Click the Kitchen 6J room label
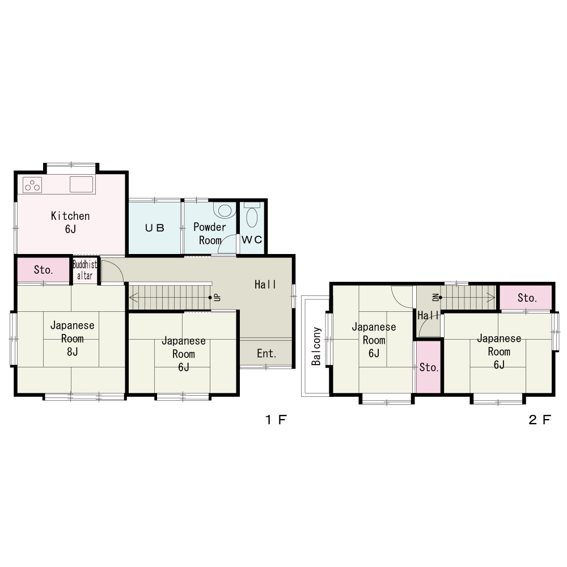(70, 222)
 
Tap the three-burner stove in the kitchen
(32, 185)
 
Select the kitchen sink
(81, 184)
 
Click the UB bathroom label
(154, 228)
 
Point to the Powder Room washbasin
(225, 210)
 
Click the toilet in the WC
(252, 215)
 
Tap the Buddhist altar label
(84, 270)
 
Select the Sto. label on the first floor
(44, 270)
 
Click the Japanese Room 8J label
(73, 338)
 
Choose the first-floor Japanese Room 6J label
(184, 354)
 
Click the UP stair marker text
(217, 297)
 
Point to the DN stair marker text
(435, 297)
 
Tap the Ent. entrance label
(266, 353)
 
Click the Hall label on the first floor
(265, 285)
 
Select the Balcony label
(316, 346)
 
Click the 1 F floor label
(276, 420)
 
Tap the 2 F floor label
(540, 420)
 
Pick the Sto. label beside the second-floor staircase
(527, 298)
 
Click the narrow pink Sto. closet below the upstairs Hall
(429, 367)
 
